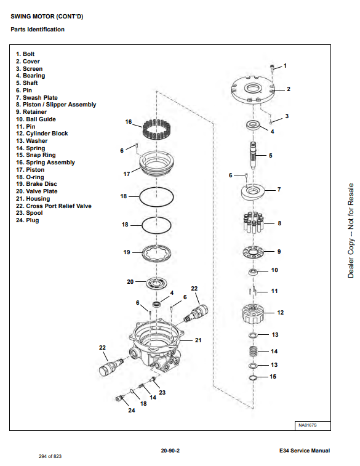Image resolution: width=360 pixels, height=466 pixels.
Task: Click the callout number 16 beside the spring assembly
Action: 129,122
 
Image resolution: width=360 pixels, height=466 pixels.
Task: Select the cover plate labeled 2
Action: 252,89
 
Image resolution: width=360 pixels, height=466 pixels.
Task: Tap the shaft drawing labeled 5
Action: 253,155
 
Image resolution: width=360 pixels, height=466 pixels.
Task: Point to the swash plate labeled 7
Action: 253,191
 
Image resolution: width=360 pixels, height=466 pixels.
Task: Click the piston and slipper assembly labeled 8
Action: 253,222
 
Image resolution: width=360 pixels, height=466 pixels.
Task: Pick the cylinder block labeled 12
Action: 253,313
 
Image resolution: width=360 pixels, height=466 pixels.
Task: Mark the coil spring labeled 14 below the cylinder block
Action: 253,352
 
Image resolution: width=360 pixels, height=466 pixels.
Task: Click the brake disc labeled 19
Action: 156,253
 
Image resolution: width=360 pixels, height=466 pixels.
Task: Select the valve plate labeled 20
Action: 156,283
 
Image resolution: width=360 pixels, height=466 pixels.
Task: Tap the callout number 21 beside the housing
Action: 198,340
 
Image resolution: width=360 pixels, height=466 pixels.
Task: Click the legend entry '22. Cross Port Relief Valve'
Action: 54,206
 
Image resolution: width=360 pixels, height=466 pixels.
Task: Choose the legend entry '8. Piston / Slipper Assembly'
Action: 56,105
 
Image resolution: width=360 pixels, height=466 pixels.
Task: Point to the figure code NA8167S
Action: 308,425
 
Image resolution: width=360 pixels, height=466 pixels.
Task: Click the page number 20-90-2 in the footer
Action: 170,451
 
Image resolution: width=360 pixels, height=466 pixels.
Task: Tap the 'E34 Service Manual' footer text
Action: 305,451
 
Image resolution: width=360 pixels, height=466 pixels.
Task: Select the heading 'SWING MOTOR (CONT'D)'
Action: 47,17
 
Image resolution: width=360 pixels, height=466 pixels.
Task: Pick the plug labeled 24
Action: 119,398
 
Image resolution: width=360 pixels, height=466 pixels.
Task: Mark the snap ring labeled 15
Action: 253,378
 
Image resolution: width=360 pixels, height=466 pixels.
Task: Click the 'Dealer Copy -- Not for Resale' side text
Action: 351,231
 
